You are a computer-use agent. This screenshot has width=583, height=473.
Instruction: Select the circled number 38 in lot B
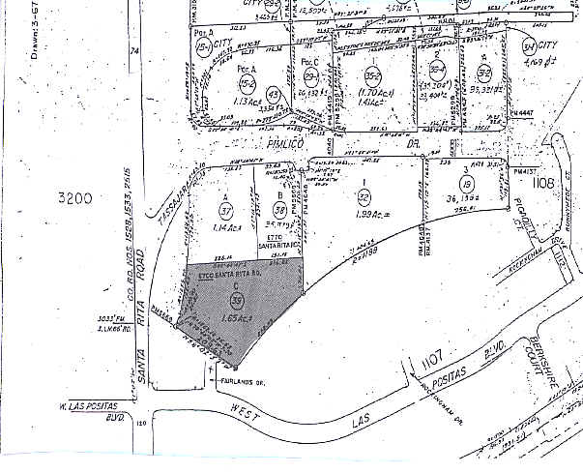[x=280, y=208]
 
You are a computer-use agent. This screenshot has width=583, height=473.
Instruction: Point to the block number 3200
[x=73, y=198]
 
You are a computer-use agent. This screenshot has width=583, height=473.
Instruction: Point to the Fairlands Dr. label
[x=243, y=381]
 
